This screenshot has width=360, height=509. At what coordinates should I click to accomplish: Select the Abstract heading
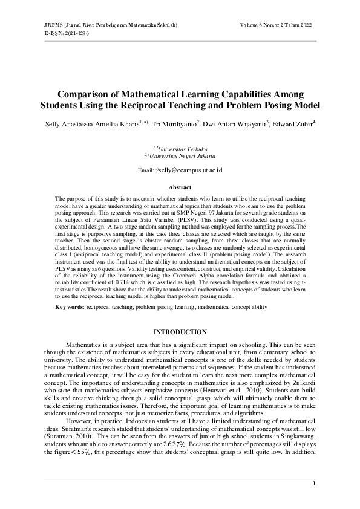pos(180,188)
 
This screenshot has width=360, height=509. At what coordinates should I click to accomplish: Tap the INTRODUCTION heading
pos(180,332)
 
